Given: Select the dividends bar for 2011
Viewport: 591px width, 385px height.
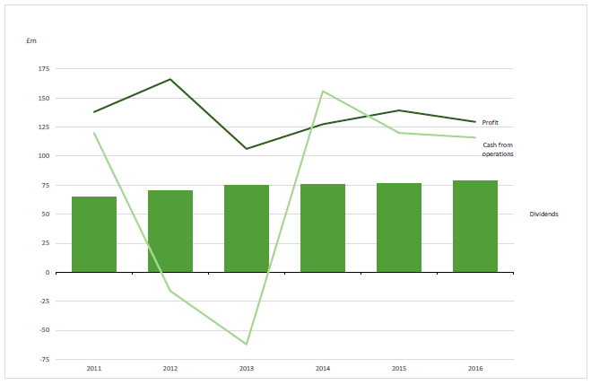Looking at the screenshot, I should (x=94, y=234).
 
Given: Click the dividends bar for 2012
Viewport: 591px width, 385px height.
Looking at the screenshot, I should (x=170, y=231).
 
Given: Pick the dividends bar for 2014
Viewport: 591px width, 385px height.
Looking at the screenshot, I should (x=323, y=228).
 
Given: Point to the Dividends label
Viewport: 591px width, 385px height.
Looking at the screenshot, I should (x=544, y=214).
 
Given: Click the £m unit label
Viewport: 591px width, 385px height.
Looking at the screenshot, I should (x=33, y=42).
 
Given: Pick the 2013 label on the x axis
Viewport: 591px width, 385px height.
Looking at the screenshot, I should (x=247, y=368).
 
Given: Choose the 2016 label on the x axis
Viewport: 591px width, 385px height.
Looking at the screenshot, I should (x=475, y=368).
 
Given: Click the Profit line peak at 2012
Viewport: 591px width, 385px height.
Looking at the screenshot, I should (x=170, y=79).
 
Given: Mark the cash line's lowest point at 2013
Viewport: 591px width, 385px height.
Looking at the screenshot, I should (x=247, y=345).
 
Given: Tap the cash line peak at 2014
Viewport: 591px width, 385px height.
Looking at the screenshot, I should (x=323, y=91).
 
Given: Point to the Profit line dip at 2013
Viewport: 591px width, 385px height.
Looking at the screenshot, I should (x=247, y=149).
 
